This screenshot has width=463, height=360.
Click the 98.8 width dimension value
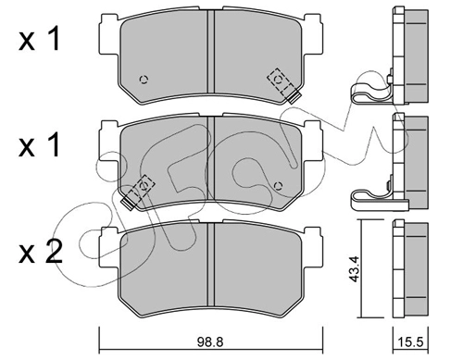pyautogui.click(x=210, y=342)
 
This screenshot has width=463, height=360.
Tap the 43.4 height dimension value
pyautogui.click(x=355, y=268)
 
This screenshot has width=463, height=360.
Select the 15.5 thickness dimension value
pyautogui.click(x=410, y=342)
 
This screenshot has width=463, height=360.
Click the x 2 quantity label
pyautogui.click(x=40, y=253)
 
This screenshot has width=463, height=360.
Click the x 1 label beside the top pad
pyautogui.click(x=39, y=39)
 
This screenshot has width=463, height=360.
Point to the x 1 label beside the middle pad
pyautogui.click(x=39, y=145)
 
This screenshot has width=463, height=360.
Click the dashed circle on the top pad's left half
pyautogui.click(x=144, y=80)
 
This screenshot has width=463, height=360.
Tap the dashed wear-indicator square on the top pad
pyautogui.click(x=280, y=80)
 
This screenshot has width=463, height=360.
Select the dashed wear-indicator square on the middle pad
pyautogui.click(x=143, y=187)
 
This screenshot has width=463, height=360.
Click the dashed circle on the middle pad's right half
pyautogui.click(x=279, y=186)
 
